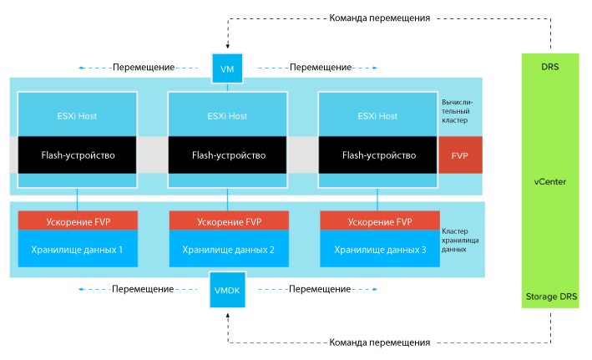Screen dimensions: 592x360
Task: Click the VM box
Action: [227, 68]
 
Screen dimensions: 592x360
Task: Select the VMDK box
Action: [227, 290]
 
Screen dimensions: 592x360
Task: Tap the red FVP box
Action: [460, 155]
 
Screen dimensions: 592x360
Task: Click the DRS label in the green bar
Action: [550, 67]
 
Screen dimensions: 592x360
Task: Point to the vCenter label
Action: [550, 182]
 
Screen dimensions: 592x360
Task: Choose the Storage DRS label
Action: [551, 297]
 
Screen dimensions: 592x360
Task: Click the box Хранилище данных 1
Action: [78, 249]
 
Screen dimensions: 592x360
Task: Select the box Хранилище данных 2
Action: [229, 249]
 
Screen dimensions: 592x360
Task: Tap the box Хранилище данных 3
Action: [380, 249]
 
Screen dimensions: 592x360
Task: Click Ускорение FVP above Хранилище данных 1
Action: [78, 221]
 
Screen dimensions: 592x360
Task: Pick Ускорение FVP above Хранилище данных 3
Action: [380, 221]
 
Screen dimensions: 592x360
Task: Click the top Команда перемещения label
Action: [379, 18]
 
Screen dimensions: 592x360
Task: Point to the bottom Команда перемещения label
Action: [379, 342]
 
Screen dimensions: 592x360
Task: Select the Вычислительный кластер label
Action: [457, 111]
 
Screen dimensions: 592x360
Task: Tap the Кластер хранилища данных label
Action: [460, 241]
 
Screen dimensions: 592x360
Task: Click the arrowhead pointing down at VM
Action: [228, 47]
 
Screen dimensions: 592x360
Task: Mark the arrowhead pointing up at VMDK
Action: [228, 315]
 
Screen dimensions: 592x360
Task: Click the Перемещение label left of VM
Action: [144, 68]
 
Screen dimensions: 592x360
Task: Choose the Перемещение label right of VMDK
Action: [320, 289]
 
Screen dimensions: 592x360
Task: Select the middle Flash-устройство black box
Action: [227, 155]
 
